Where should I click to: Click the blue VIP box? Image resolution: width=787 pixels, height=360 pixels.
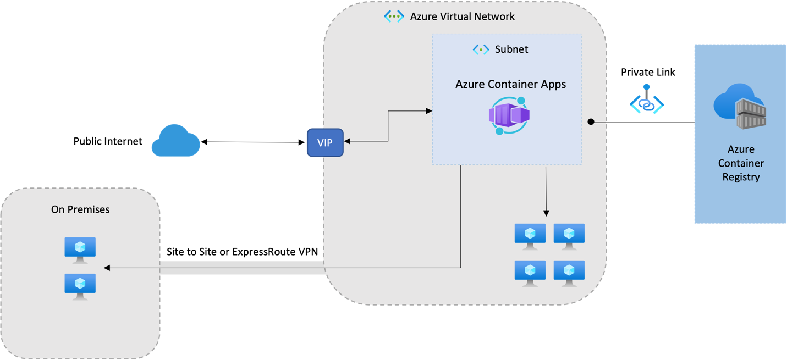pyautogui.click(x=324, y=142)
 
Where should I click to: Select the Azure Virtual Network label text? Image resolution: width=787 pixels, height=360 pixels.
pyautogui.click(x=462, y=16)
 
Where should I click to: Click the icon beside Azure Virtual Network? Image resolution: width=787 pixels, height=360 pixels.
pyautogui.click(x=394, y=16)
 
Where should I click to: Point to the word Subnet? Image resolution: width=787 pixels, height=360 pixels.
pyautogui.click(x=511, y=49)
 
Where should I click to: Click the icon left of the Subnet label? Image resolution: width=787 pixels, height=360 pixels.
pyautogui.click(x=481, y=49)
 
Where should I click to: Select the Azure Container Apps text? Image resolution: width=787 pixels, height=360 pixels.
pyautogui.click(x=510, y=84)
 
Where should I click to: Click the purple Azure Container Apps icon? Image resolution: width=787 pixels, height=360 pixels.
pyautogui.click(x=509, y=115)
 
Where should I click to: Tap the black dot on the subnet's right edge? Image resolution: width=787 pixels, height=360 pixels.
pyautogui.click(x=591, y=121)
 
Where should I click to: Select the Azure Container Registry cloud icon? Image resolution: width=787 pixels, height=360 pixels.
pyautogui.click(x=740, y=107)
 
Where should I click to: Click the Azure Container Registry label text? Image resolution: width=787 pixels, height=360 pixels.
pyautogui.click(x=740, y=163)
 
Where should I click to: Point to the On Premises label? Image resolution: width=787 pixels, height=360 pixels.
pyautogui.click(x=80, y=209)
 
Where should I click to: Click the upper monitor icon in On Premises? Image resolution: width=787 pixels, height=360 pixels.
pyautogui.click(x=80, y=250)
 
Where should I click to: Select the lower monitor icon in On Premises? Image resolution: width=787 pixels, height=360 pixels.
pyautogui.click(x=80, y=286)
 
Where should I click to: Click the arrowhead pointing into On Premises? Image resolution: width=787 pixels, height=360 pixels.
pyautogui.click(x=107, y=268)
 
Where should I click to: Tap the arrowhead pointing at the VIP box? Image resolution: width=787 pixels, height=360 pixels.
pyautogui.click(x=348, y=142)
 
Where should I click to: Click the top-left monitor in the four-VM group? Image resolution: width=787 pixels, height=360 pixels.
pyautogui.click(x=530, y=236)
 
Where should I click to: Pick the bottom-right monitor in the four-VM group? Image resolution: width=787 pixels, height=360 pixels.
pyautogui.click(x=569, y=273)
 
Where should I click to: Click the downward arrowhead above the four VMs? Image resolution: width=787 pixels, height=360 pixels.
pyautogui.click(x=546, y=213)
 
